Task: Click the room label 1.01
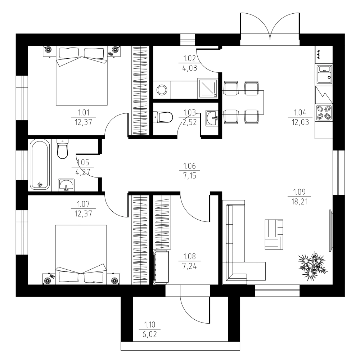coord(84,112)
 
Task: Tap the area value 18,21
coord(300,202)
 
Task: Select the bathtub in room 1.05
coord(40,165)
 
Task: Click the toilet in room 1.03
coord(163,117)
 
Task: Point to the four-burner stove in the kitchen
coord(324,113)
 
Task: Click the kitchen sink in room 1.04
coord(324,75)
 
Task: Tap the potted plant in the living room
coord(313,265)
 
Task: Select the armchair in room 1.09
coord(274,234)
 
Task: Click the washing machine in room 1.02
coord(162,90)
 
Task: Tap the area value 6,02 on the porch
coord(149,334)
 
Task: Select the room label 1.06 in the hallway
coord(189,166)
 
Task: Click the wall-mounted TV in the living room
coord(331,230)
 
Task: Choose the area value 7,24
coord(189,266)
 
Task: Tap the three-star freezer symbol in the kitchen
coord(319,55)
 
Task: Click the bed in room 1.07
coord(81,255)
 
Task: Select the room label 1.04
coord(300,112)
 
